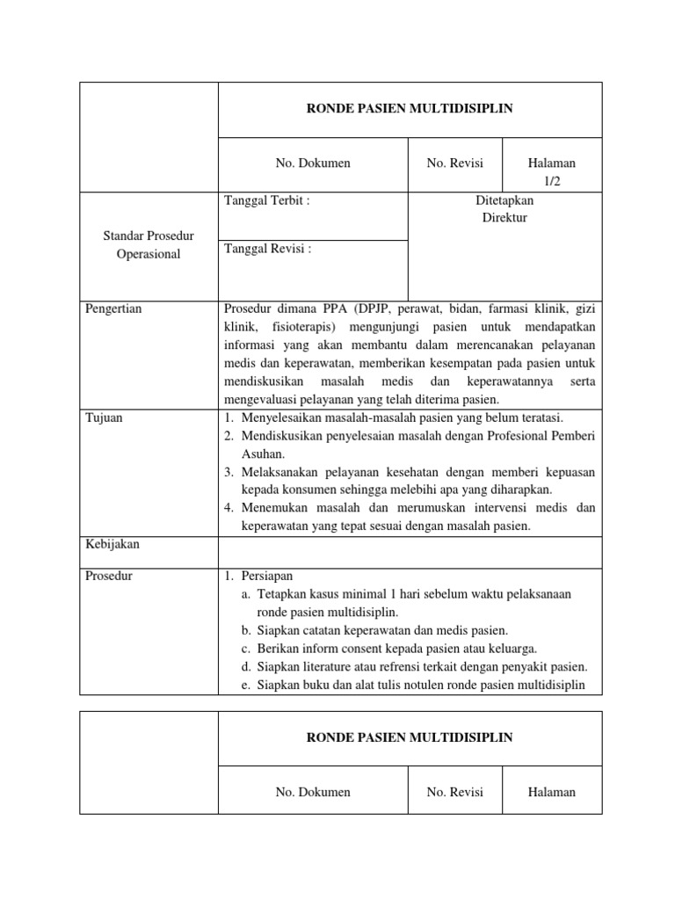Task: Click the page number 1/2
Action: click(552, 180)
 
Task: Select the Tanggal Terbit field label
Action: click(268, 200)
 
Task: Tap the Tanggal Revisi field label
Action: click(269, 249)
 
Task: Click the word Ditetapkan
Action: click(504, 200)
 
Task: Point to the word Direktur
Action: click(504, 217)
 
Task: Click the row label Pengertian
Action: click(113, 308)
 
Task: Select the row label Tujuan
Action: click(104, 417)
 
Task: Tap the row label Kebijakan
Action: click(112, 544)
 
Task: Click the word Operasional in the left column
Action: click(149, 254)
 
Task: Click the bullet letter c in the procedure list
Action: click(246, 649)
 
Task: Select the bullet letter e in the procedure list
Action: click(246, 685)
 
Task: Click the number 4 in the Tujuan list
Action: click(228, 508)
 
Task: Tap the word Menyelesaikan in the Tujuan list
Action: click(284, 417)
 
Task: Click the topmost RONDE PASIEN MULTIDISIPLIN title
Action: click(409, 109)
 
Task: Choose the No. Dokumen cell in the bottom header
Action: click(313, 792)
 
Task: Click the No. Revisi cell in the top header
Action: click(454, 163)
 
